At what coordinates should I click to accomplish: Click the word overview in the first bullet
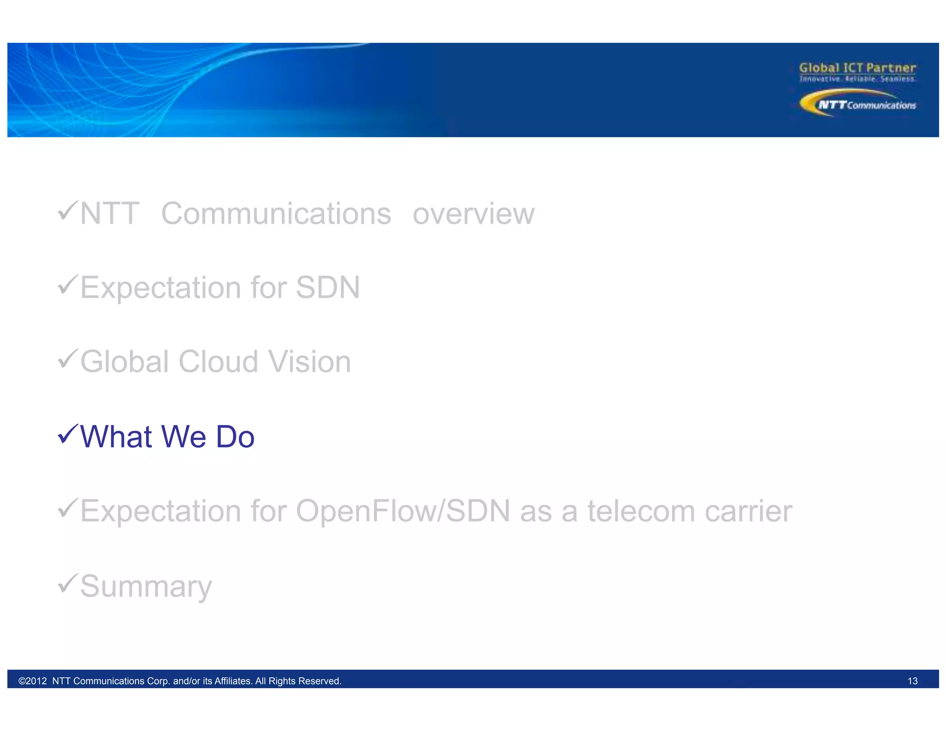[473, 214]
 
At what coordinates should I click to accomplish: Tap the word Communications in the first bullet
[276, 214]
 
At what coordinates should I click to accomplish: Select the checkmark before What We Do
[67, 434]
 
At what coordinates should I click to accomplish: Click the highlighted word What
[116, 437]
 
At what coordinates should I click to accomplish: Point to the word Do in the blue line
[235, 437]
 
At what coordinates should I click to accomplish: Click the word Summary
[146, 586]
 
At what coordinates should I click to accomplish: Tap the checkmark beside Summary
[67, 583]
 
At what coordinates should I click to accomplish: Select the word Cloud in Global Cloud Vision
[218, 361]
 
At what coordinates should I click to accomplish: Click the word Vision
[309, 361]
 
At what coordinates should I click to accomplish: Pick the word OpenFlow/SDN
[403, 511]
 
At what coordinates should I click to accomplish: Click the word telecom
[641, 511]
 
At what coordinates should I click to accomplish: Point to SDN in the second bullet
[327, 287]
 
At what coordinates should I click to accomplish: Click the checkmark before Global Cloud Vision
[67, 359]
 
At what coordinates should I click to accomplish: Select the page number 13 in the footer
[912, 681]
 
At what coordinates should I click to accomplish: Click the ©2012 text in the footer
[32, 681]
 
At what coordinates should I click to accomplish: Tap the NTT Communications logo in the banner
[857, 104]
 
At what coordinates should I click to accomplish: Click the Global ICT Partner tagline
[857, 68]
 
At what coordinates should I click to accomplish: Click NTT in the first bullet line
[109, 214]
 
